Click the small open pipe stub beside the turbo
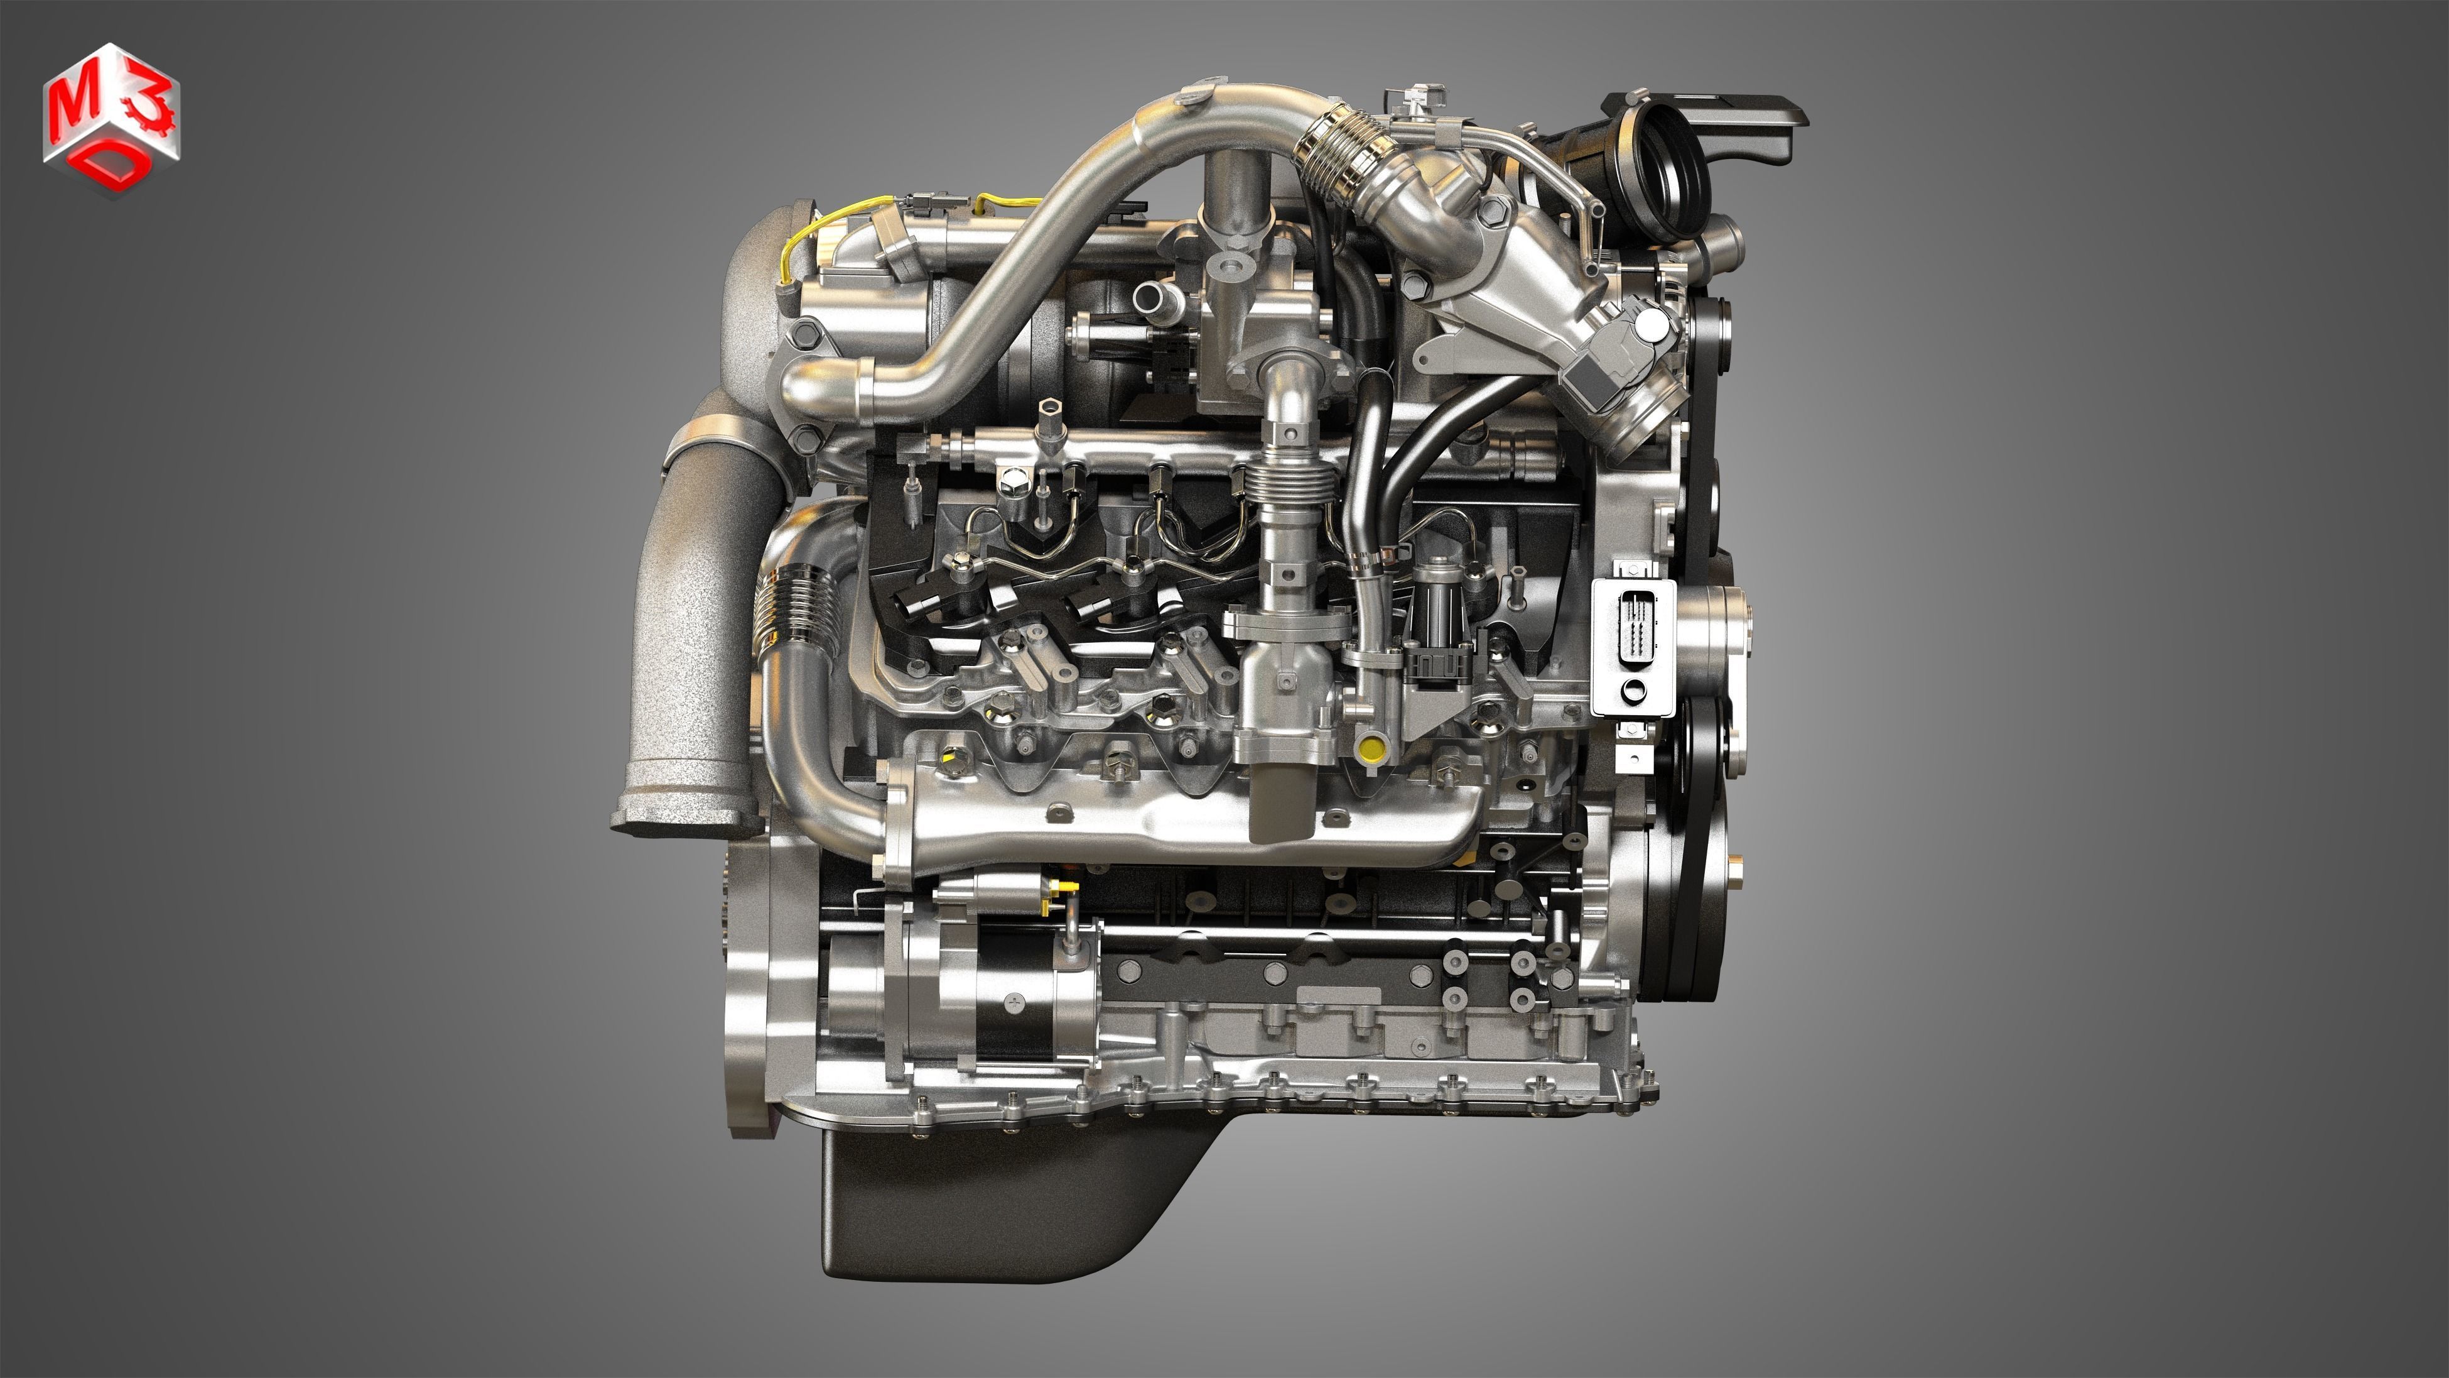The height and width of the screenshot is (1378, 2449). pos(1157,298)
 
